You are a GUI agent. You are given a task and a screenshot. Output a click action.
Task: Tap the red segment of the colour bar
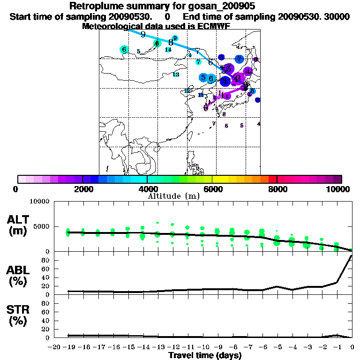click(x=272, y=179)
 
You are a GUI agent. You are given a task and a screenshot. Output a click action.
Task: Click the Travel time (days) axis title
click(x=205, y=356)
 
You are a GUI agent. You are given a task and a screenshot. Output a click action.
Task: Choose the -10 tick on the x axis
click(x=203, y=348)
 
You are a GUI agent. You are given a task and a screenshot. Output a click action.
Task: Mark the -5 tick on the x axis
click(x=277, y=348)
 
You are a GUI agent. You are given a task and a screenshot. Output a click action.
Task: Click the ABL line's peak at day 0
click(x=352, y=256)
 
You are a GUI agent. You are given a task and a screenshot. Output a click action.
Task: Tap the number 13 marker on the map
click(x=176, y=75)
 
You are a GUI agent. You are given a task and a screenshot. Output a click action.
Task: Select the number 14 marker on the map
click(x=168, y=49)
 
